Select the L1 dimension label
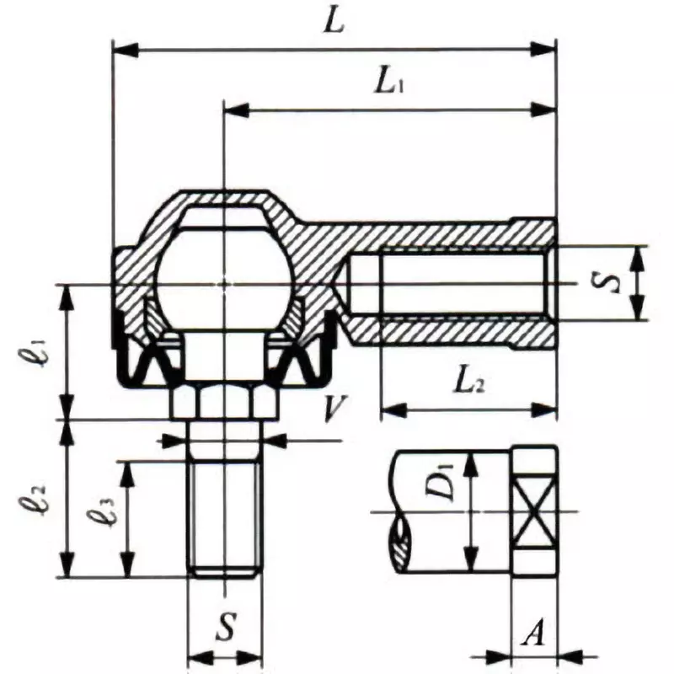click(389, 83)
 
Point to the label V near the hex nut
click(334, 410)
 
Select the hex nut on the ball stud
click(223, 402)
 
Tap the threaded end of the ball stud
click(223, 518)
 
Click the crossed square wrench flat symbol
click(535, 511)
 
